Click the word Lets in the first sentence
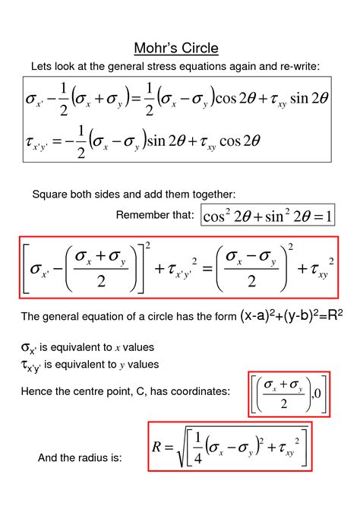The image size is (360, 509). pyautogui.click(x=41, y=67)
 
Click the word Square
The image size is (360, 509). pyautogui.click(x=50, y=195)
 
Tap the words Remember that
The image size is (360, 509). pyautogui.click(x=155, y=216)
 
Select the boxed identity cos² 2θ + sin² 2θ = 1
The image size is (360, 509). pyautogui.click(x=267, y=217)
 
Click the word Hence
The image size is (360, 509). pyautogui.click(x=37, y=391)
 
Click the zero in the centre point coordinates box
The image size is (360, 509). pyautogui.click(x=319, y=393)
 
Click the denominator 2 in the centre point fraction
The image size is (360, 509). pyautogui.click(x=283, y=404)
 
